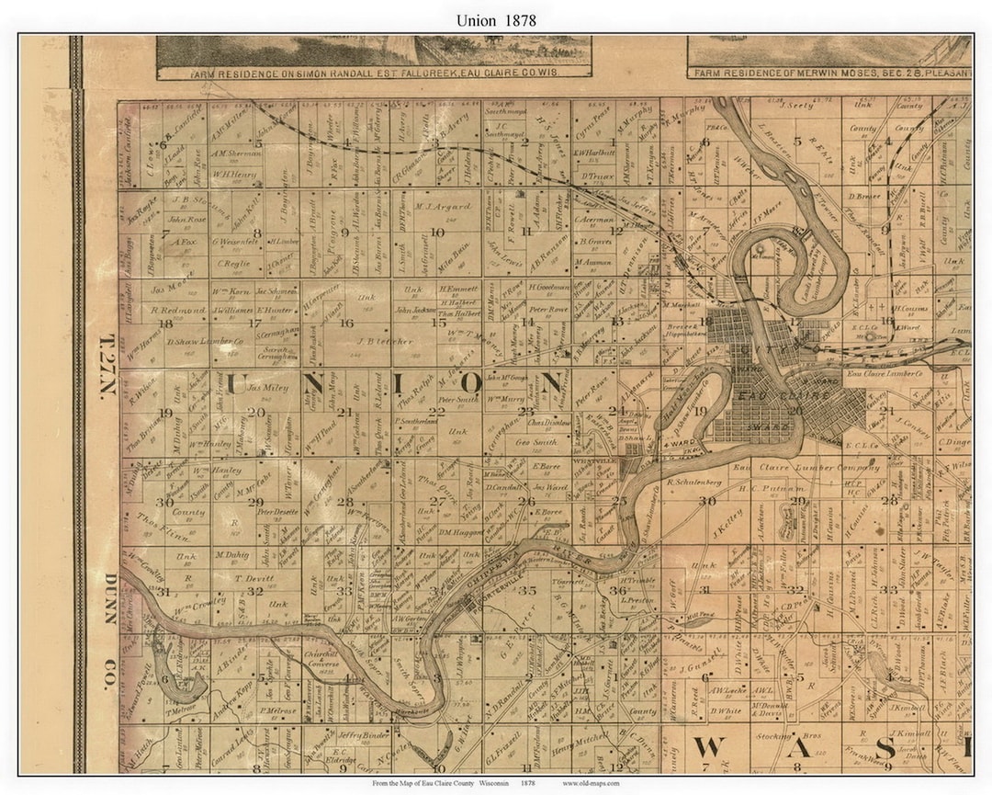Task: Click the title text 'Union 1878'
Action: coord(496,19)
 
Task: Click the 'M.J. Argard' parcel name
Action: coord(443,207)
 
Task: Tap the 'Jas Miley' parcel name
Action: coord(268,388)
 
